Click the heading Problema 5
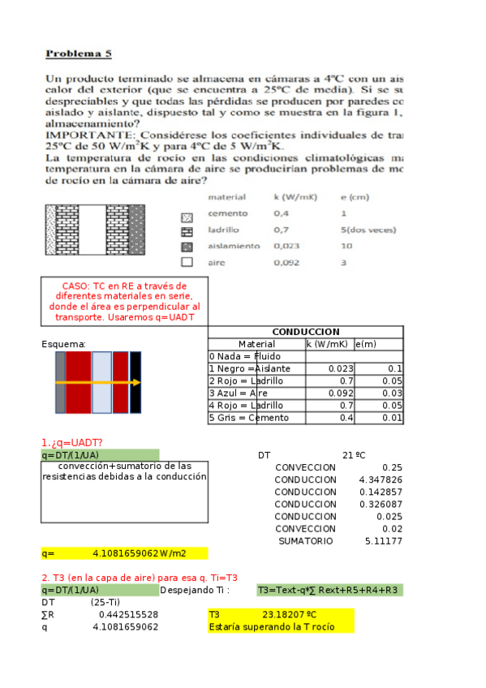pos(78,54)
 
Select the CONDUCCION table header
pos(305,332)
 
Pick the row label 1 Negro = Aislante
pos(250,368)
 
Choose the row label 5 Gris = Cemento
pos(248,417)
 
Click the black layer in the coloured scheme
pos(135,381)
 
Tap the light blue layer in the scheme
pos(101,381)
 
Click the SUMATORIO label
pos(305,540)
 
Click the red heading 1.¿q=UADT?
pos(71,442)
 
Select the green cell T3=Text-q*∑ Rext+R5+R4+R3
pos(328,590)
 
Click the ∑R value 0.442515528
pos(128,615)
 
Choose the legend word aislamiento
pos(234,246)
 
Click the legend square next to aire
pos(187,262)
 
